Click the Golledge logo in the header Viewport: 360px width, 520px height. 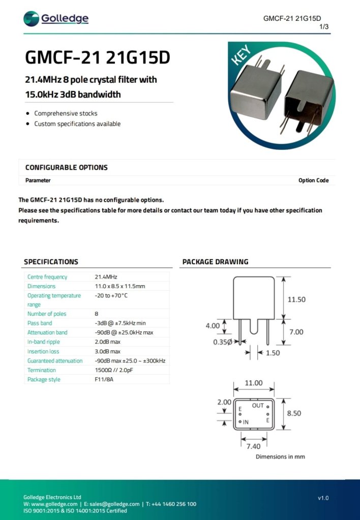[56, 19]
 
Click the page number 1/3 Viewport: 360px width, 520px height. [324, 26]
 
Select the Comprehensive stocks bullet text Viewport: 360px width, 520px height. [66, 113]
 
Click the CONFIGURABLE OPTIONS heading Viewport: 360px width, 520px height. [66, 167]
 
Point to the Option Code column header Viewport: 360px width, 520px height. [313, 180]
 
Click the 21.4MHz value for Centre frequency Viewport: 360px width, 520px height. [106, 277]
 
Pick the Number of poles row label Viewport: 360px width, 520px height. [47, 314]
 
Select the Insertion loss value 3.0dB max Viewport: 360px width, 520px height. [108, 351]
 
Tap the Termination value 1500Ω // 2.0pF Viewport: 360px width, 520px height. [116, 370]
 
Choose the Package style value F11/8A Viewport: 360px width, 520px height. [104, 379]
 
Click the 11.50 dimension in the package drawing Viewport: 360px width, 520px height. [296, 299]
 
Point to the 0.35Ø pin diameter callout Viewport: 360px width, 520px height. [223, 342]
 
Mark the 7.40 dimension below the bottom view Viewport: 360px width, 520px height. [254, 446]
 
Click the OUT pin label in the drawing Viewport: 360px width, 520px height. [258, 406]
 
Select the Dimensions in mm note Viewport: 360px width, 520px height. [280, 456]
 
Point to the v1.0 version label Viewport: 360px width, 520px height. [323, 498]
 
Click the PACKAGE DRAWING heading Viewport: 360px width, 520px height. [215, 262]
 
